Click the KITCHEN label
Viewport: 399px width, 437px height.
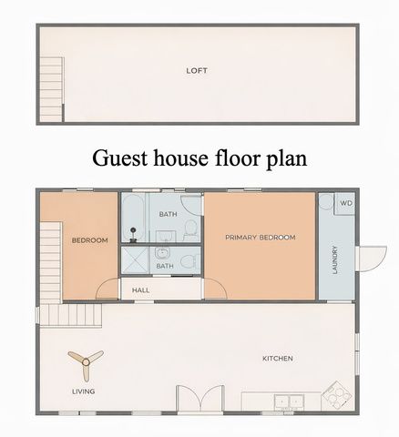pos(277,359)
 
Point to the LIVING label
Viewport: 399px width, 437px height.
pos(83,392)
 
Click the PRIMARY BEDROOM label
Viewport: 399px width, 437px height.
pos(260,237)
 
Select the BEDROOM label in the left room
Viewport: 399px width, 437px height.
pos(89,240)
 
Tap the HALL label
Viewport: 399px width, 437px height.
pos(141,290)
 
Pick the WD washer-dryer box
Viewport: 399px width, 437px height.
pos(346,203)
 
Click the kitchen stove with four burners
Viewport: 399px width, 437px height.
pos(335,398)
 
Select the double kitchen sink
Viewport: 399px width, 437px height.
pos(290,399)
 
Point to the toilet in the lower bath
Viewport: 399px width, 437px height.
pos(187,262)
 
